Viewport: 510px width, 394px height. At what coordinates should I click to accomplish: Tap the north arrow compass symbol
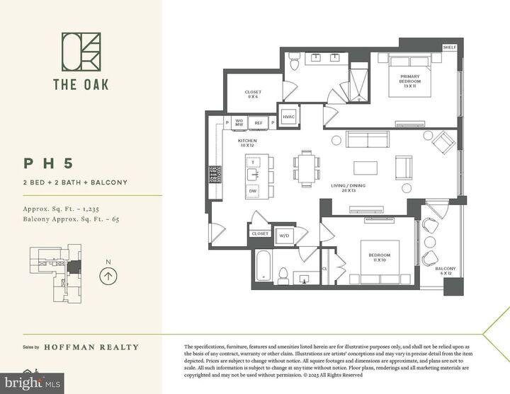point(108,275)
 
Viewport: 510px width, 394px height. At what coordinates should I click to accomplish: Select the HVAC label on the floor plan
point(288,117)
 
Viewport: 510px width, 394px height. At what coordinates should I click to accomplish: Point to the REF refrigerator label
point(259,123)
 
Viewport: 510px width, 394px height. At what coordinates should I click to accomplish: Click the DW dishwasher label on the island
point(252,191)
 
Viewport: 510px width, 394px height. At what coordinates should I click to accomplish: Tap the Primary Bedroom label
point(410,79)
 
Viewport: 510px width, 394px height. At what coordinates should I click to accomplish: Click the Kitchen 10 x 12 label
point(247,144)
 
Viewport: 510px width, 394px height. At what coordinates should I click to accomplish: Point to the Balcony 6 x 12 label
point(446,271)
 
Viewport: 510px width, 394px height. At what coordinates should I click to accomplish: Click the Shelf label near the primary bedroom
point(450,47)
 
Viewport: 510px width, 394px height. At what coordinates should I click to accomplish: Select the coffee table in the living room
point(366,168)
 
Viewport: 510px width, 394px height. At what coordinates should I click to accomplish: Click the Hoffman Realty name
point(91,347)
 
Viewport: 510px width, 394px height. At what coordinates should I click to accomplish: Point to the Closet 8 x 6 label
point(253,94)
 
